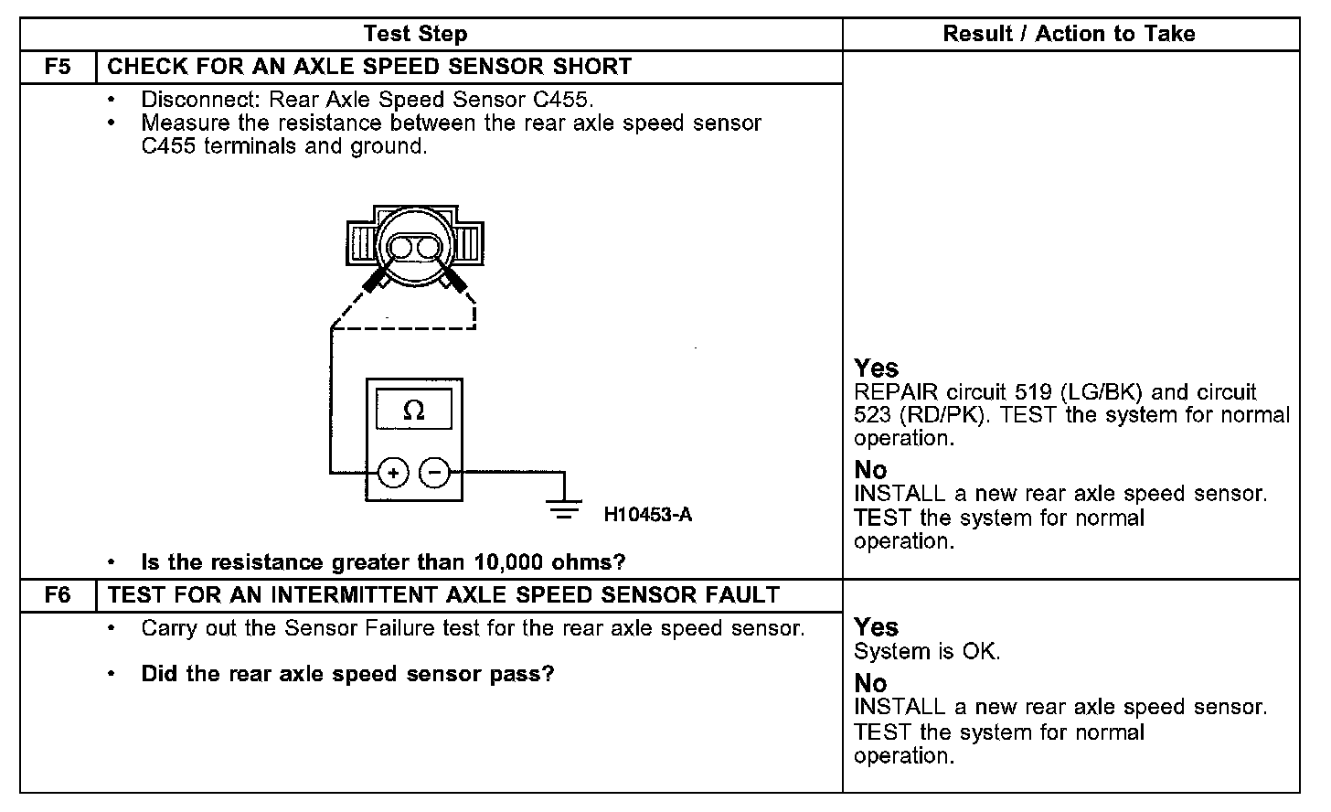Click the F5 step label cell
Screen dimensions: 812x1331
pos(58,67)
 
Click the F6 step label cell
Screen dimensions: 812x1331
pos(58,595)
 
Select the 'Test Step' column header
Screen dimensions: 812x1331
pos(415,35)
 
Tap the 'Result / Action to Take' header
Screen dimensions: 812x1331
pos(1069,35)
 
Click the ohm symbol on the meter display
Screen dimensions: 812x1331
pos(413,411)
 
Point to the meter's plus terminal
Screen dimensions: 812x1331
pos(393,473)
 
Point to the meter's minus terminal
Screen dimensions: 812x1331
pos(435,473)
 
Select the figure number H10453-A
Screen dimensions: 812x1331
pos(647,515)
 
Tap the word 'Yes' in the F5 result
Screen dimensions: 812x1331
pos(876,369)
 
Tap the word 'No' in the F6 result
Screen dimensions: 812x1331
pos(870,683)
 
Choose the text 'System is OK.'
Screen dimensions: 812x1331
pos(927,652)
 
